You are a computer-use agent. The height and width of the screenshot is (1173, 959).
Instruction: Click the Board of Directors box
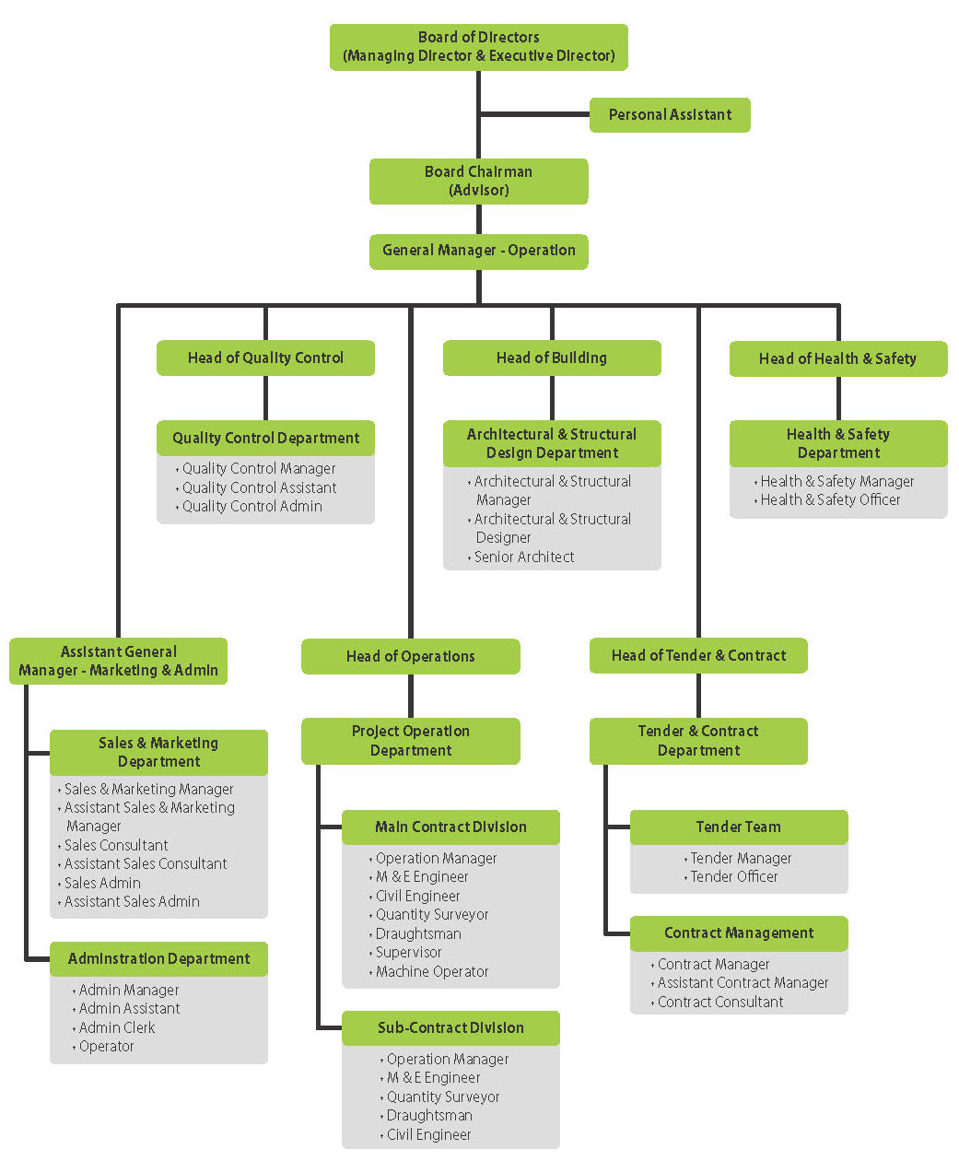tap(478, 47)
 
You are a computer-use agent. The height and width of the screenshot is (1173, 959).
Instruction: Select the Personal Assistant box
tap(670, 115)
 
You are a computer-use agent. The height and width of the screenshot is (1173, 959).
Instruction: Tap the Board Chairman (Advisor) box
tap(478, 182)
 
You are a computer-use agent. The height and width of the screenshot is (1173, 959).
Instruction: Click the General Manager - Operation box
tap(478, 251)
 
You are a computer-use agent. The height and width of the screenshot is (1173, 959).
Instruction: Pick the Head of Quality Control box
tap(265, 358)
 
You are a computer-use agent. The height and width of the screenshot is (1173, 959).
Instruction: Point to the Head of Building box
tap(551, 358)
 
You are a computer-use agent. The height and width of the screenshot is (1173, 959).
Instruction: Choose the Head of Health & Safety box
tap(837, 359)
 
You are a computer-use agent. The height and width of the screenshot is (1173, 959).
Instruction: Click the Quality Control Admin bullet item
tap(251, 507)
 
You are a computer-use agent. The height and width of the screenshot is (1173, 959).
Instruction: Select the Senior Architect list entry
tap(523, 557)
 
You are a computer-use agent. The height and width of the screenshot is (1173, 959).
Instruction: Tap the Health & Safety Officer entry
tap(830, 500)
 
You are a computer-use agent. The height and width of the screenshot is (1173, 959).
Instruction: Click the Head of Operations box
tap(410, 657)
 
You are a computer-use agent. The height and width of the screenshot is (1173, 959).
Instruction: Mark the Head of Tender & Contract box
tap(698, 656)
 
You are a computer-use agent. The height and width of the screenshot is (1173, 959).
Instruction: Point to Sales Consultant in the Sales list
tap(116, 846)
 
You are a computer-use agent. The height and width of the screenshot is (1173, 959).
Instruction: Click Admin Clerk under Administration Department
tap(117, 1028)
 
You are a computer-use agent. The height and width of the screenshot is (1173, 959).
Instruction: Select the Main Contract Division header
tap(450, 827)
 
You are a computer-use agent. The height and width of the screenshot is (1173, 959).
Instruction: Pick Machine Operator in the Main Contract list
tap(432, 972)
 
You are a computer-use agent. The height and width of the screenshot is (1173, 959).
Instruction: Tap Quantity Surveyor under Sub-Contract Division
tap(443, 1097)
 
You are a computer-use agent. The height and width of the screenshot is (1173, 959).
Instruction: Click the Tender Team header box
tap(738, 827)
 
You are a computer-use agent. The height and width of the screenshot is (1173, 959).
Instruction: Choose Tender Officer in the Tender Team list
tap(734, 877)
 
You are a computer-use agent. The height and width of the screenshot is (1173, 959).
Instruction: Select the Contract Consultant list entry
tap(720, 1003)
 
